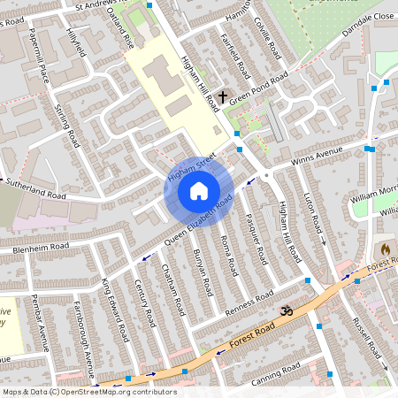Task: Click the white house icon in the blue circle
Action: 199,190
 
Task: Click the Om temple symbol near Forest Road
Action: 285,311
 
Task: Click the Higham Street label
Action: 190,167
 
